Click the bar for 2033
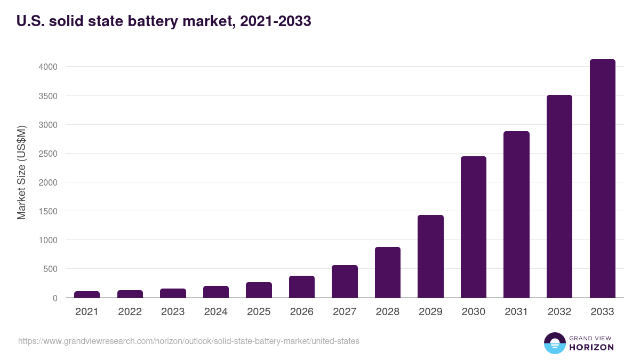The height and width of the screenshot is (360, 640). click(602, 179)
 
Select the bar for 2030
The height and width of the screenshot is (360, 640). click(474, 227)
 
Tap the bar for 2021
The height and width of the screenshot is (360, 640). click(87, 294)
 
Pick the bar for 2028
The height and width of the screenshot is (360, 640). click(388, 272)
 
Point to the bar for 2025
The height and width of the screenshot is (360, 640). click(259, 290)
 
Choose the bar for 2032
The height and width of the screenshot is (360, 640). click(559, 196)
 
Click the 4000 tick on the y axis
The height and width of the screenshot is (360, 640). click(47, 67)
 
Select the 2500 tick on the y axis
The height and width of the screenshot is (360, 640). click(47, 154)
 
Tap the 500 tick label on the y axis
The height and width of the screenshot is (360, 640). click(50, 269)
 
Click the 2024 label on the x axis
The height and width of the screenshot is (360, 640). click(215, 312)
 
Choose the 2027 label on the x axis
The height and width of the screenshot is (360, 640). click(345, 312)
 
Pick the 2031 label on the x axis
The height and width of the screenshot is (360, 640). click(516, 312)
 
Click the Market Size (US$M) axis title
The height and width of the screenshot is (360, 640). click(21, 172)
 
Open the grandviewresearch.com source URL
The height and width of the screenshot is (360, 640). click(189, 341)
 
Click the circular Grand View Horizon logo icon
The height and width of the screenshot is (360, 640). click(555, 343)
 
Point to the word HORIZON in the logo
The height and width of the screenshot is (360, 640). click(591, 347)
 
